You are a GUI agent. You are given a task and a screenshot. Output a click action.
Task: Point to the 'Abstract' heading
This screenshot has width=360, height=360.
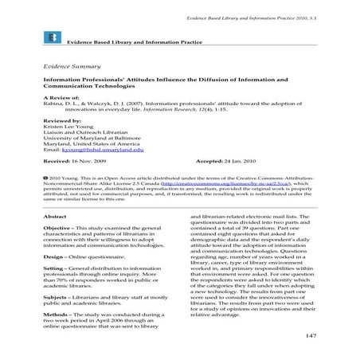coord(56,216)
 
